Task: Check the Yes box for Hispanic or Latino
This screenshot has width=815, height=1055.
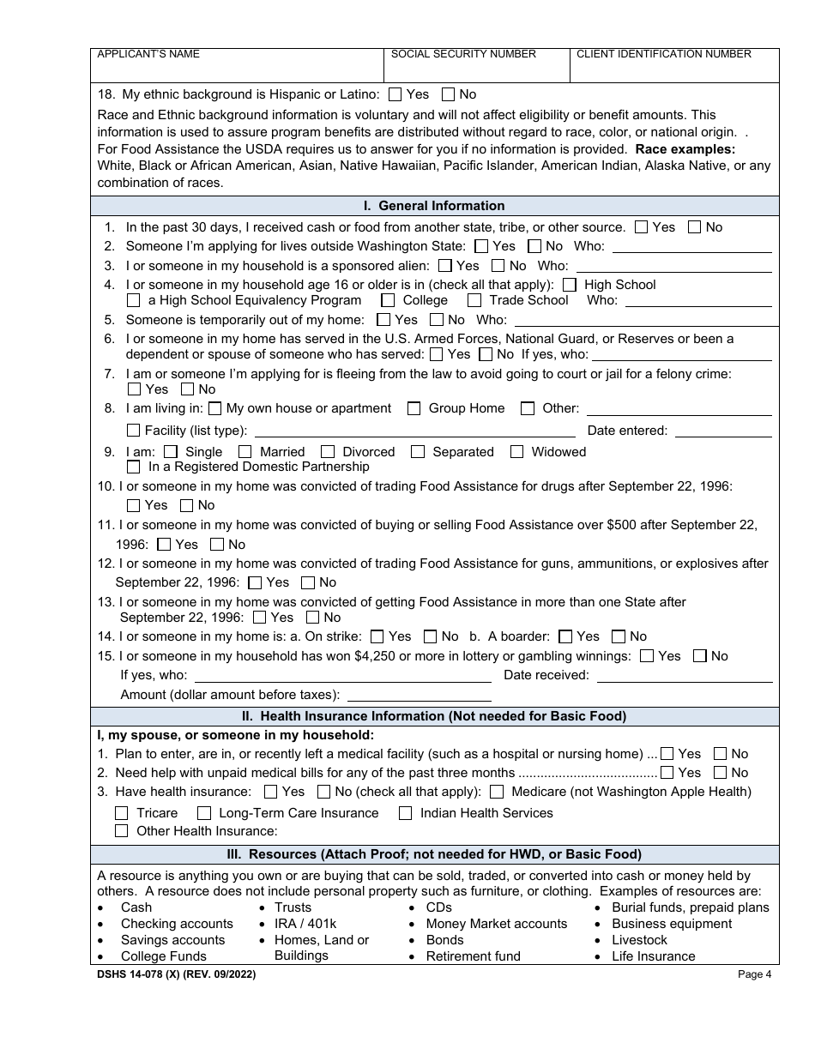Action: click(x=395, y=94)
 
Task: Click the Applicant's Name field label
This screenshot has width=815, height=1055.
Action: click(x=148, y=54)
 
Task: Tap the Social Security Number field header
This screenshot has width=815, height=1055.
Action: click(x=463, y=54)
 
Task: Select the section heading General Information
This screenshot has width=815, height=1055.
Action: click(x=434, y=206)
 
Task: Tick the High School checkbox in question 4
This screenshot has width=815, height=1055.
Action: click(x=570, y=285)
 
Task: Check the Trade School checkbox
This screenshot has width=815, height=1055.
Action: click(x=474, y=300)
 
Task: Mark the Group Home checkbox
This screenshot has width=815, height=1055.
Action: click(x=414, y=408)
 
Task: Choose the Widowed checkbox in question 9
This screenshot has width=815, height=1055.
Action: click(x=516, y=452)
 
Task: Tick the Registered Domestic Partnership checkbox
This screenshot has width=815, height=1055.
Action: click(x=133, y=467)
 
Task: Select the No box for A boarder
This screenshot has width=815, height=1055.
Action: click(x=618, y=636)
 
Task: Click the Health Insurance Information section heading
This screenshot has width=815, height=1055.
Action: click(x=434, y=716)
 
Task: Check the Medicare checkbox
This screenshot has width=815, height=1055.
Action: click(x=497, y=792)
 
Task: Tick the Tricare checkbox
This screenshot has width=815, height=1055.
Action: click(x=121, y=813)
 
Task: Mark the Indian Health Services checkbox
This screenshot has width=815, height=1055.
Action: click(x=405, y=813)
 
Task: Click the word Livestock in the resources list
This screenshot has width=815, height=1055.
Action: click(x=639, y=940)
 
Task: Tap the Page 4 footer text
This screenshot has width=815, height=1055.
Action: click(x=754, y=974)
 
